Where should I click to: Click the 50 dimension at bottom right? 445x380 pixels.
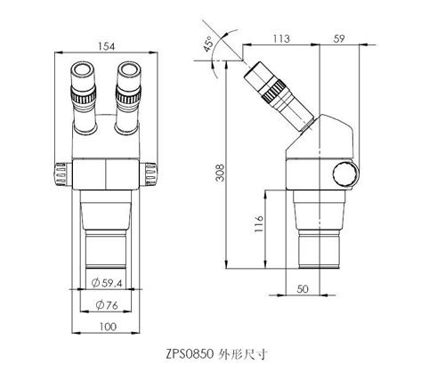[x=302, y=289]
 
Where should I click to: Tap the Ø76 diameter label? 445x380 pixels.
[x=107, y=307]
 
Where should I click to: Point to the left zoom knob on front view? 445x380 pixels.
[x=61, y=174]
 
